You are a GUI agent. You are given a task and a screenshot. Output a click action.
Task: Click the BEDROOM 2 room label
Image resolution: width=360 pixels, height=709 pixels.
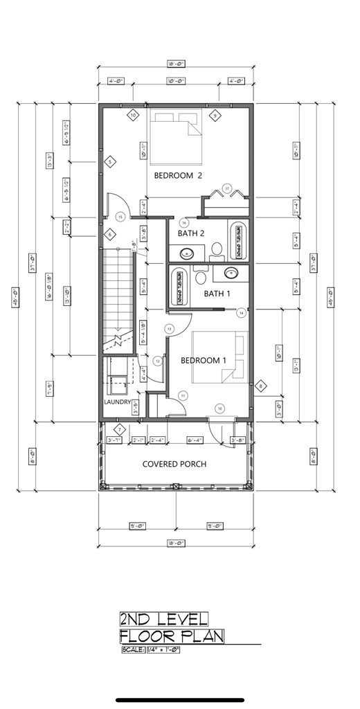[178, 176]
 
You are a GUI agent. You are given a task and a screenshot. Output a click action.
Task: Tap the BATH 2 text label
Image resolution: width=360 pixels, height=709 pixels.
[191, 233]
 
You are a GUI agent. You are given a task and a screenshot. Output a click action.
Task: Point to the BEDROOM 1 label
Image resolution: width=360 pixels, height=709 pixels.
[204, 360]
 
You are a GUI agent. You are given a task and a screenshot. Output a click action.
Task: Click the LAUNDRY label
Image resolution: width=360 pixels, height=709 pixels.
[118, 402]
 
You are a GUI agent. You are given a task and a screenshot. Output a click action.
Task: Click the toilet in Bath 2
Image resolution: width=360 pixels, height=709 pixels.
[216, 247]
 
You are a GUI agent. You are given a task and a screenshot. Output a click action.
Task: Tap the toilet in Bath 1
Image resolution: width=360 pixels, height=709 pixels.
[201, 278]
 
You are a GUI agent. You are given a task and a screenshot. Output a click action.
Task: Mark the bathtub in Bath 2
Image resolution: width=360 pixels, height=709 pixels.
[237, 240]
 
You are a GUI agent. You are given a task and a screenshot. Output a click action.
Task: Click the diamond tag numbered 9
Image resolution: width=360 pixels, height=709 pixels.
[215, 115]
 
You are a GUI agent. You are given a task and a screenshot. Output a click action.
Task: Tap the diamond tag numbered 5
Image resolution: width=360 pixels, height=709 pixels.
[110, 162]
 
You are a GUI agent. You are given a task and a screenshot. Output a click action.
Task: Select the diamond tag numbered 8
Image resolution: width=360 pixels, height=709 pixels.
[261, 386]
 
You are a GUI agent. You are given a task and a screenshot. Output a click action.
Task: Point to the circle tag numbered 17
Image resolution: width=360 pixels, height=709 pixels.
[226, 187]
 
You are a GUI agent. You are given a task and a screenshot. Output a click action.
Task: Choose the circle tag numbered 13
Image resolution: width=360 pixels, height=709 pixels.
[168, 328]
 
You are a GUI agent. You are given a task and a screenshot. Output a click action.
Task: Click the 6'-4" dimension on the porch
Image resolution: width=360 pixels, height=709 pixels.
[195, 440]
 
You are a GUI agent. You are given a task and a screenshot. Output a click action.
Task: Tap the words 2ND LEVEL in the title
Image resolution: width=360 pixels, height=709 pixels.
[163, 618]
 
